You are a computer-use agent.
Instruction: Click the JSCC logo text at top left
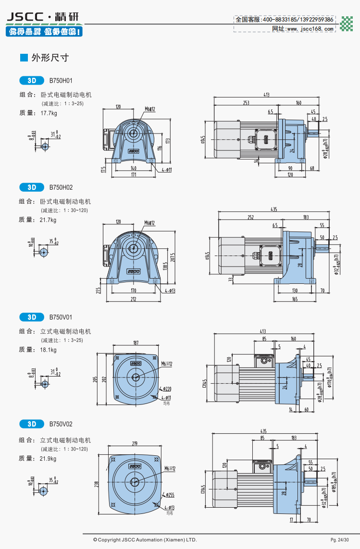[x=27, y=17]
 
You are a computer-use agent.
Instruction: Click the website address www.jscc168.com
[x=310, y=29]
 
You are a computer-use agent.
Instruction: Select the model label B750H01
[x=61, y=80]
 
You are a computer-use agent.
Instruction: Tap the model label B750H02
[x=61, y=187]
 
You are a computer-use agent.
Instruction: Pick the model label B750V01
[x=61, y=317]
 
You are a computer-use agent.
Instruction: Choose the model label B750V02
[x=61, y=424]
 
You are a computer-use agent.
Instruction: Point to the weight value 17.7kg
[x=49, y=113]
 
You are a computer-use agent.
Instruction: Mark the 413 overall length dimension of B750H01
[x=266, y=95]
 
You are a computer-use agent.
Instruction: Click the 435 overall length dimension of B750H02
[x=274, y=209]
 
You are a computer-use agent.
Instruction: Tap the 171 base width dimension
[x=133, y=175]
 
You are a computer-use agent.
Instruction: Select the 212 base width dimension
[x=133, y=300]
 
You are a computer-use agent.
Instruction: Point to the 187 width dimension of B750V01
[x=135, y=343]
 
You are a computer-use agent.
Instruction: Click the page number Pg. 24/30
[x=340, y=540]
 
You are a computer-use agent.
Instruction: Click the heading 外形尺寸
[x=50, y=58]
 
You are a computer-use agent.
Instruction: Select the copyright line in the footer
[x=145, y=540]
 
